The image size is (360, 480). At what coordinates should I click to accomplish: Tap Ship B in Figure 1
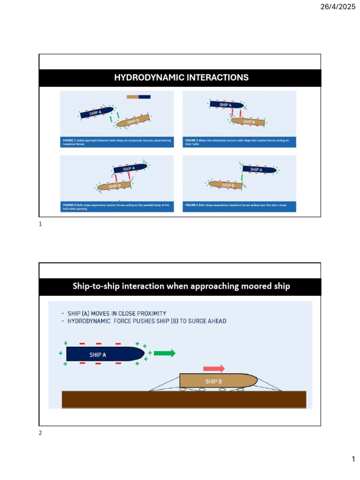(x=133, y=121)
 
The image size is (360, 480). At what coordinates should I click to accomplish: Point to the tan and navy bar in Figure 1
(x=138, y=97)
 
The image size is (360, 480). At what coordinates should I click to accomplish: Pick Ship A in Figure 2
(x=225, y=105)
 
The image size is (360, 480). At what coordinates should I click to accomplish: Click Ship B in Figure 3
(x=114, y=186)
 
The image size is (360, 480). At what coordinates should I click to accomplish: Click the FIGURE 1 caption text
(x=117, y=142)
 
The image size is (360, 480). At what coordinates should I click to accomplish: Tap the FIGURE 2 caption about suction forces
(x=239, y=142)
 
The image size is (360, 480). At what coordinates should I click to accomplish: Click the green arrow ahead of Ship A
(x=164, y=353)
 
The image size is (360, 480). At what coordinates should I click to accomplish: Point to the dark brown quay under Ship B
(x=184, y=399)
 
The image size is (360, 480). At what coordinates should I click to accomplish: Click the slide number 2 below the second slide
(x=40, y=433)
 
